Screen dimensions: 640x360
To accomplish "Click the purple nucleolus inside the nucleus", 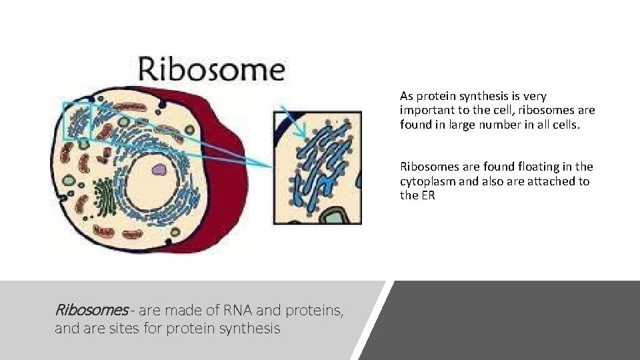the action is point(159,170).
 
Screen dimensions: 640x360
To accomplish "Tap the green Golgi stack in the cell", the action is point(104,197).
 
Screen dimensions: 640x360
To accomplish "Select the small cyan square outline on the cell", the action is point(77,121).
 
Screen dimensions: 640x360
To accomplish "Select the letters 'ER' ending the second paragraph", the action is point(427,195).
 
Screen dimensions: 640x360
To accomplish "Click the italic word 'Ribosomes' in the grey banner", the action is point(91,310).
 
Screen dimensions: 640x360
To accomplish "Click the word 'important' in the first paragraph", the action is point(426,110).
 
